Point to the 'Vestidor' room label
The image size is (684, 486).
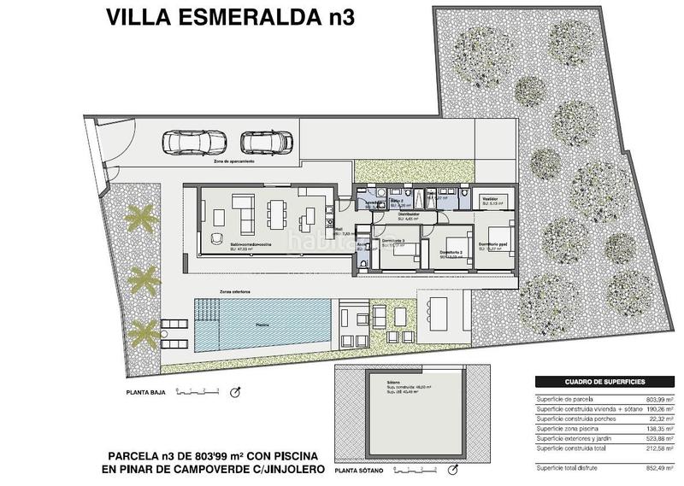click(492, 197)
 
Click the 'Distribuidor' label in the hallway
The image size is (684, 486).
click(408, 214)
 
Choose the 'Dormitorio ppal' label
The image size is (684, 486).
click(493, 245)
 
